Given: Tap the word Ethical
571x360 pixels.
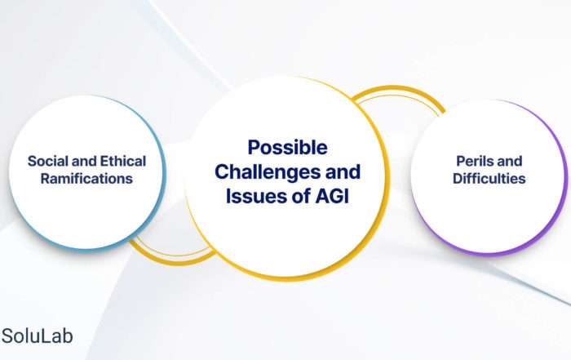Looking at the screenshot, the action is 123,161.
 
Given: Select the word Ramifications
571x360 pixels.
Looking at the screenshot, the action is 86,179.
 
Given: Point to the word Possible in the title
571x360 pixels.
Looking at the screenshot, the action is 287,148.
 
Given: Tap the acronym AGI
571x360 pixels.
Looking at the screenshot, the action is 332,196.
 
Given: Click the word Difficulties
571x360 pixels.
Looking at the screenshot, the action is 489,179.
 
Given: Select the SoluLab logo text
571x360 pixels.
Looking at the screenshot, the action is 37,336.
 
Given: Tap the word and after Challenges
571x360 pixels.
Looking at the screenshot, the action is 343,172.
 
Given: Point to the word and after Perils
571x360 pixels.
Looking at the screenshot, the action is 509,161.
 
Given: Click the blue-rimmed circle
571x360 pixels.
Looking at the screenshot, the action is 87,173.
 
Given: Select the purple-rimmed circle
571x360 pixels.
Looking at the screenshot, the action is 489,177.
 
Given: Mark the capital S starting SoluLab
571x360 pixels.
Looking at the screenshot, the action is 7,336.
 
